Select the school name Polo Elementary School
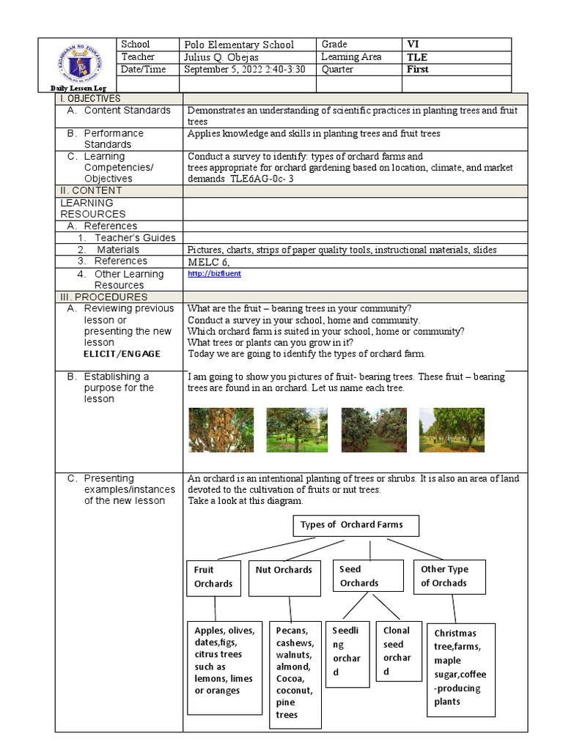pos(239,45)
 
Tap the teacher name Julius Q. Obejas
pos(228,57)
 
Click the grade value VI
pos(414,45)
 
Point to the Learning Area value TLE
pos(418,57)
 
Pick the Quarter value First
pos(418,70)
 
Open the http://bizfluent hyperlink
pos(214,273)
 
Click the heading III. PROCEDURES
pos(103,297)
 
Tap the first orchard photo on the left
pos(221,430)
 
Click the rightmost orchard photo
pos(451,430)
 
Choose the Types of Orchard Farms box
pos(347,525)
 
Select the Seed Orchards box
pos(368,576)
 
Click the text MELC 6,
pos(212,261)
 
